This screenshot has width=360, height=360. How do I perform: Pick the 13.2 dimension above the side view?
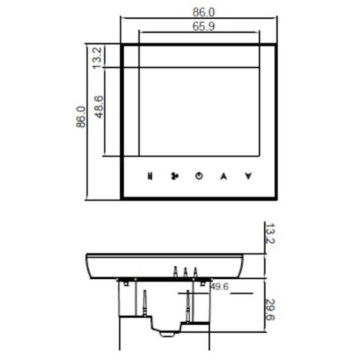[x=270, y=238]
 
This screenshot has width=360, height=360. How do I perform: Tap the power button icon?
[x=198, y=176]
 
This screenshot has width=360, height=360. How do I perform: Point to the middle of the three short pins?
[x=184, y=271]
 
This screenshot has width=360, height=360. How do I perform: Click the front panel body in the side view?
[x=165, y=266]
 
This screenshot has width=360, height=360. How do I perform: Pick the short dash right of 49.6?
[x=239, y=293]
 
